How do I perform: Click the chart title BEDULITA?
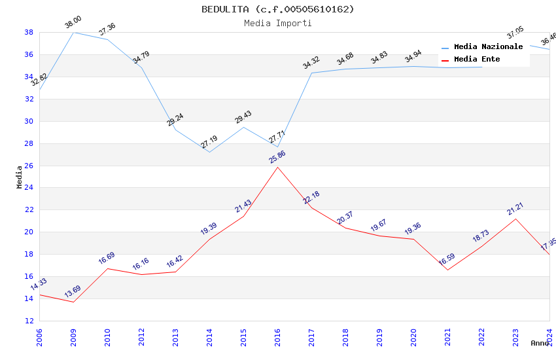[277, 9]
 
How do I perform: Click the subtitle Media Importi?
[277, 24]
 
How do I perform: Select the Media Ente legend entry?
[477, 60]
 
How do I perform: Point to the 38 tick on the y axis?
[29, 32]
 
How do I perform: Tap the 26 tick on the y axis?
[29, 166]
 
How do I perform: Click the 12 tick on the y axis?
[29, 321]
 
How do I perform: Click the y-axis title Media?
[20, 177]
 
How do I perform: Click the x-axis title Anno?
[540, 343]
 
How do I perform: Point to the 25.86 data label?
[277, 157]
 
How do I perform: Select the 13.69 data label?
[73, 291]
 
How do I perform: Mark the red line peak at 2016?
[277, 167]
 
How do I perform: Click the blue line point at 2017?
[311, 73]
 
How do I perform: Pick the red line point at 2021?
[447, 270]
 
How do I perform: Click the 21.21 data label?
[515, 209]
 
